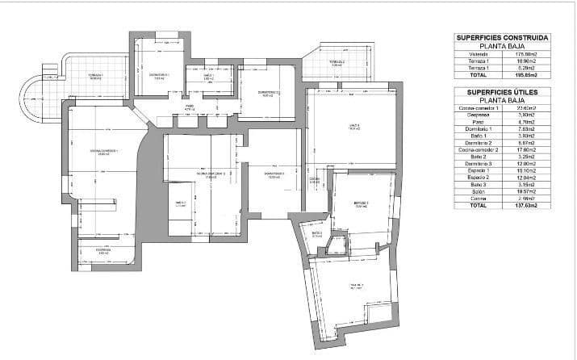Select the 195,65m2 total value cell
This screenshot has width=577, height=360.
point(527,75)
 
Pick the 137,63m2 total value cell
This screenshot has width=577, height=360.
point(527,206)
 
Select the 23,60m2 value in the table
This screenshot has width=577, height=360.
point(527,107)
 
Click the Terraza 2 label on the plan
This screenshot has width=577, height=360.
point(337,61)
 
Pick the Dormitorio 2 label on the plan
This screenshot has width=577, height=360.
point(269,93)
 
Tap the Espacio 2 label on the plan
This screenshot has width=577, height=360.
point(361,204)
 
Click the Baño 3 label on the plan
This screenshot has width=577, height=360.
point(316,234)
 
